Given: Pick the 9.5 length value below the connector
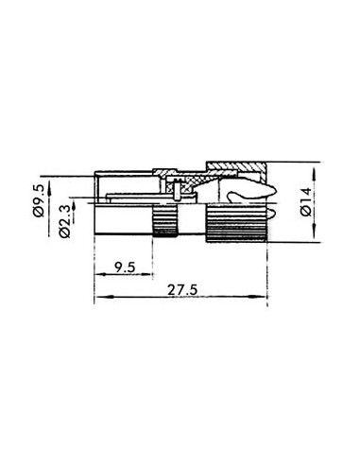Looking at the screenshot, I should pos(121,267).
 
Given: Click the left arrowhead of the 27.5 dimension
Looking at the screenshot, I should pos(100,299).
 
